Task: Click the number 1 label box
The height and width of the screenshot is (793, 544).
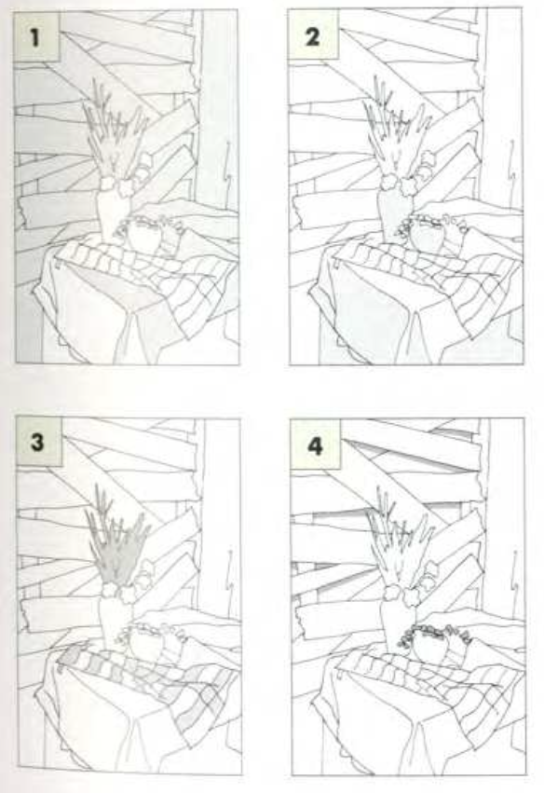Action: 36,36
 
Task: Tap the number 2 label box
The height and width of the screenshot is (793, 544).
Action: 312,36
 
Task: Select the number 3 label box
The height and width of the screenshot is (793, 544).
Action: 39,442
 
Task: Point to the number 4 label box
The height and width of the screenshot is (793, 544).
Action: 316,445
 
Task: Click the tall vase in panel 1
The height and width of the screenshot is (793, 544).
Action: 112,212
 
